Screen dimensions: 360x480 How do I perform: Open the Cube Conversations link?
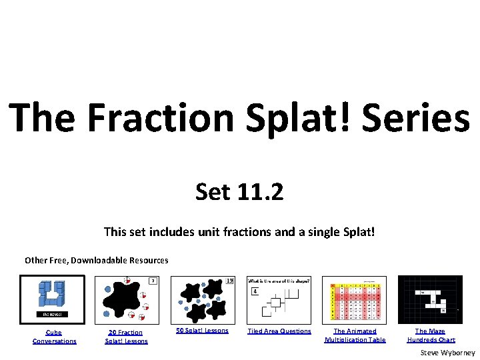pyautogui.click(x=55, y=337)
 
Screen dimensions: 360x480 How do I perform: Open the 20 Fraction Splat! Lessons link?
pyautogui.click(x=126, y=337)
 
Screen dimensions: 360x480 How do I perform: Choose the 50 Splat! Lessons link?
pyautogui.click(x=203, y=331)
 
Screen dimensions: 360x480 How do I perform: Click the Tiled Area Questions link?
pyautogui.click(x=279, y=331)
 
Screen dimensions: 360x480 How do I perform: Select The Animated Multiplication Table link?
pyautogui.click(x=355, y=335)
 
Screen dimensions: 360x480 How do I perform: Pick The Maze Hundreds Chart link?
pyautogui.click(x=431, y=335)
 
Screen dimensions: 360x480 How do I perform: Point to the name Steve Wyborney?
pyautogui.click(x=447, y=352)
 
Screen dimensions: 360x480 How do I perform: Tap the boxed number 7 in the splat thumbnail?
pyautogui.click(x=152, y=281)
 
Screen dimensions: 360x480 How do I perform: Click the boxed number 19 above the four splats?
pyautogui.click(x=229, y=281)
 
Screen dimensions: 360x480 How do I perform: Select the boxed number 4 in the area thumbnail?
pyautogui.click(x=254, y=291)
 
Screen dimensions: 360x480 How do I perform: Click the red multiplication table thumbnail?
pyautogui.click(x=353, y=299)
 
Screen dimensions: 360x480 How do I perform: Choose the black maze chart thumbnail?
pyautogui.click(x=430, y=299)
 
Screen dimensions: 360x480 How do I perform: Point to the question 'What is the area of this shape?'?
pyautogui.click(x=279, y=281)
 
